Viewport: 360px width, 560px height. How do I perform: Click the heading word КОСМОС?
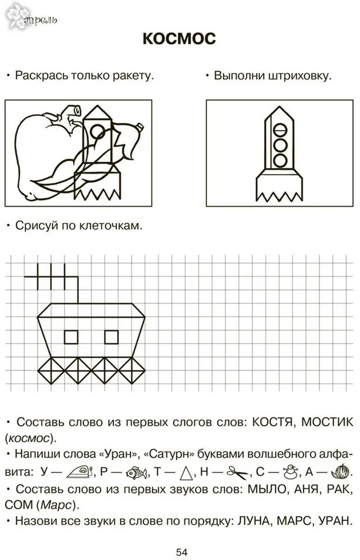179,39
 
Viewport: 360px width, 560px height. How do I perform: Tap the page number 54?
182,552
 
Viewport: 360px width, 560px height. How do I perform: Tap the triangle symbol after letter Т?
186,472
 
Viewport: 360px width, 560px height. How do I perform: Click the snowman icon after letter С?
290,472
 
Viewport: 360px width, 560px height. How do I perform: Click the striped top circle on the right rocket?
280,129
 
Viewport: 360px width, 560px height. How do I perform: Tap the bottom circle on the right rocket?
280,160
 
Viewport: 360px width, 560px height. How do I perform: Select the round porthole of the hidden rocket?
98,131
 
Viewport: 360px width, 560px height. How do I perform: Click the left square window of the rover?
71,337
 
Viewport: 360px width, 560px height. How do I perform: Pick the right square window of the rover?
111,337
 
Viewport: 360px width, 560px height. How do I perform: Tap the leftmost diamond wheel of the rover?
51,371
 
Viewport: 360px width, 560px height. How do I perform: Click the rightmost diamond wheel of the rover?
131,371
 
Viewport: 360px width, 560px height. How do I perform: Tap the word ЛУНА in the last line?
250,521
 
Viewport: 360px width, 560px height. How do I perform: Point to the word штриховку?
299,76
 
